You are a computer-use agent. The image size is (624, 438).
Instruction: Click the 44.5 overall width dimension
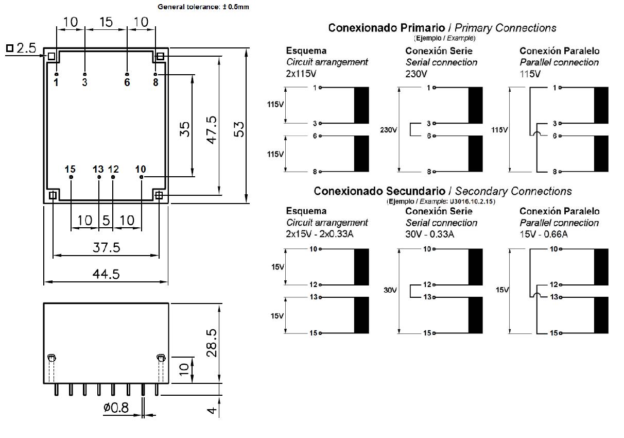106,274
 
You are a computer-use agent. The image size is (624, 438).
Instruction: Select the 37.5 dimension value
106,248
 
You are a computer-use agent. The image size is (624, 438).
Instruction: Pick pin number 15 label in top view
71,169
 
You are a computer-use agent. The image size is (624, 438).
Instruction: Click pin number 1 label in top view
56,82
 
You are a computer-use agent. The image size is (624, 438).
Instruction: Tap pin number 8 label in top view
155,82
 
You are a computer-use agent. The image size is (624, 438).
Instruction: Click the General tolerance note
203,7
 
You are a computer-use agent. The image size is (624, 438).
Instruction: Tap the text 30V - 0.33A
430,234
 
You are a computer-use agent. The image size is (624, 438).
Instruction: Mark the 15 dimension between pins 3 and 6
106,22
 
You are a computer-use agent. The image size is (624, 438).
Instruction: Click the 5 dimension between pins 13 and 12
106,221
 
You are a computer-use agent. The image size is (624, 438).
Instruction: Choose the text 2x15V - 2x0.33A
319,234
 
